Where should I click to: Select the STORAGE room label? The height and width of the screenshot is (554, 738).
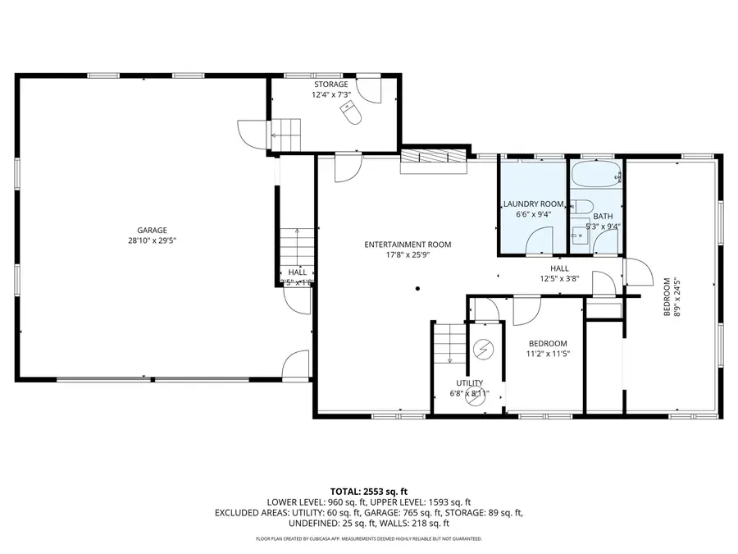point(330,85)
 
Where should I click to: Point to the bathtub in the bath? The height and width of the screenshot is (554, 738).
point(596,176)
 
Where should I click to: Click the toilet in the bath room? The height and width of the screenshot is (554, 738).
point(582,206)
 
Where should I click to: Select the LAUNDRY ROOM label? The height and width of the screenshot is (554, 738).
point(533,204)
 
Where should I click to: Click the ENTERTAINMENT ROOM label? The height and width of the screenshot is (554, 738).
point(408,245)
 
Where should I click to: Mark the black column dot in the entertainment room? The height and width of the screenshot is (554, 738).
point(417,288)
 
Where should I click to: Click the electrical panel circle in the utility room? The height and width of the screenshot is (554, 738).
point(483,350)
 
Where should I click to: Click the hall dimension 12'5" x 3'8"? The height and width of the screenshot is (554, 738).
point(559,278)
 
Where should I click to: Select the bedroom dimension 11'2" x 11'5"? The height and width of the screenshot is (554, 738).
point(547,354)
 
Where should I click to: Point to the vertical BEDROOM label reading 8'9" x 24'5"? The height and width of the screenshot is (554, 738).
point(671,296)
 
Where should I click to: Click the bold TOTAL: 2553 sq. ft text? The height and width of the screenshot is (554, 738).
point(368,490)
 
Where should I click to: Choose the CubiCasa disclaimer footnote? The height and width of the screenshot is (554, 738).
point(368,539)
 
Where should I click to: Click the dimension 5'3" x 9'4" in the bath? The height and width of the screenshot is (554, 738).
point(602,226)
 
